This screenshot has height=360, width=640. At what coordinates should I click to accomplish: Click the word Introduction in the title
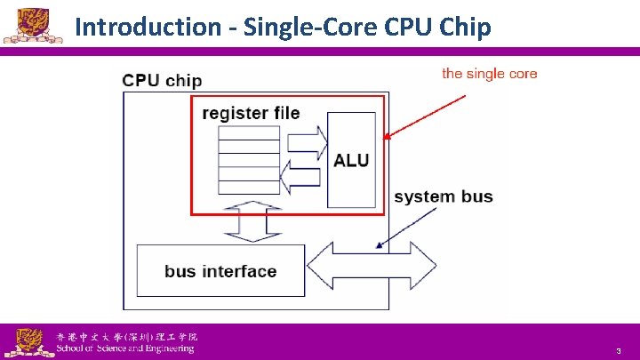click(145, 27)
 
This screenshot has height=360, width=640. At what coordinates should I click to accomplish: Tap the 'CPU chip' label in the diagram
click(162, 80)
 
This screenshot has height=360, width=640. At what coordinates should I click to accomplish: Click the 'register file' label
click(251, 113)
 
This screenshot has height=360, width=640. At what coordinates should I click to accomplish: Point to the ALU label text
click(350, 161)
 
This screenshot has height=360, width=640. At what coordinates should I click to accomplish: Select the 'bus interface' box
click(220, 271)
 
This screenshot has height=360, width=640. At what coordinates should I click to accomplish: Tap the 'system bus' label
click(443, 196)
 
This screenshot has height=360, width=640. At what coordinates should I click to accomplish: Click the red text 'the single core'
click(489, 74)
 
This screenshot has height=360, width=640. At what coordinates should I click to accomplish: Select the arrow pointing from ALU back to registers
click(302, 172)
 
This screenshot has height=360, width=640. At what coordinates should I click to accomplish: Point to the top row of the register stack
click(249, 132)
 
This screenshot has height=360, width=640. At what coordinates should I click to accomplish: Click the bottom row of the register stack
click(249, 187)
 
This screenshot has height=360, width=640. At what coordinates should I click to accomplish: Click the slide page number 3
click(617, 352)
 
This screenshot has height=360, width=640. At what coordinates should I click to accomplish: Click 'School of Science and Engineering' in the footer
click(124, 348)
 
